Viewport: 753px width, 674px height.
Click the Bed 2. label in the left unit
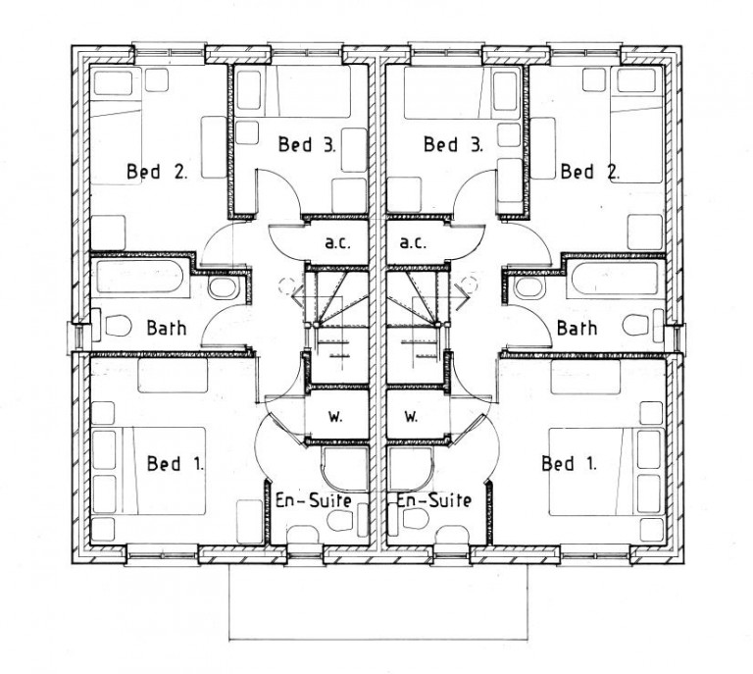(157, 172)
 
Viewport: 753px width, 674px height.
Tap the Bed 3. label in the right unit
(453, 144)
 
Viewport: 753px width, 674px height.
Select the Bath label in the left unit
(167, 328)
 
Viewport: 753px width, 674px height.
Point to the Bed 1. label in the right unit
(569, 464)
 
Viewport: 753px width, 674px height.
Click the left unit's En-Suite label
(313, 500)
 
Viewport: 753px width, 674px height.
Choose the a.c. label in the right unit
(413, 242)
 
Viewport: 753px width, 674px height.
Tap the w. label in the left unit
(335, 417)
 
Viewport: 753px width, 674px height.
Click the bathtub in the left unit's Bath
(140, 278)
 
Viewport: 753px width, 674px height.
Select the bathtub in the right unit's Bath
(614, 279)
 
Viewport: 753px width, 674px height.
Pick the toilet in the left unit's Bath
(118, 326)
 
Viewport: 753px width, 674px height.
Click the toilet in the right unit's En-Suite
(415, 518)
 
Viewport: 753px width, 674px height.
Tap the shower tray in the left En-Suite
(345, 469)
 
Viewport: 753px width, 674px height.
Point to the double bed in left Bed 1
(164, 471)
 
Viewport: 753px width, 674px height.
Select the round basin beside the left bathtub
(223, 287)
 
